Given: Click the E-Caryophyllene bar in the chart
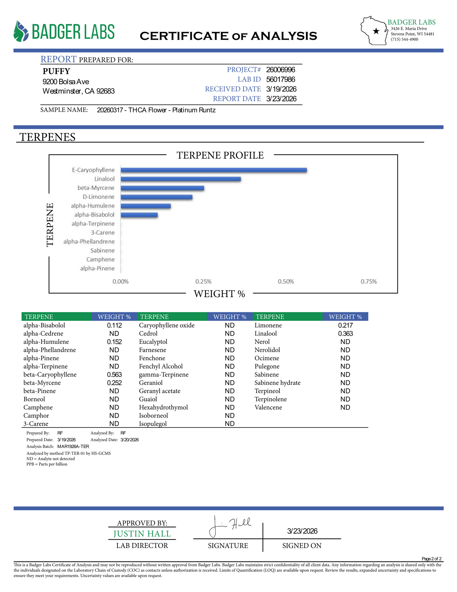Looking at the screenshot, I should [x=214, y=170].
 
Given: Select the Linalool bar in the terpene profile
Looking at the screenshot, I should [x=181, y=179].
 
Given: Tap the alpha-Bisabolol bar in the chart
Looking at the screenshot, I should [x=139, y=215].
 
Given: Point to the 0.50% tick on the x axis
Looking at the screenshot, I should [x=286, y=282].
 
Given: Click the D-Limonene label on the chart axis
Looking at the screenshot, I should [x=98, y=197].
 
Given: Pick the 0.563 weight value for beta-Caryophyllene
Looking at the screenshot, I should [x=114, y=375].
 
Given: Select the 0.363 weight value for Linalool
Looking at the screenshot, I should [x=345, y=334].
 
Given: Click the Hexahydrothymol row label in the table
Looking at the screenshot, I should [x=163, y=407].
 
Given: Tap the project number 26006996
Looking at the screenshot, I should [x=280, y=70].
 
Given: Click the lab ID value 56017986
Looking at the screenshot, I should [x=280, y=79].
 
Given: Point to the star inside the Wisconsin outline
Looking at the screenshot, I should [x=376, y=31].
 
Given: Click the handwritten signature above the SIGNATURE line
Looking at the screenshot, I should [x=230, y=526].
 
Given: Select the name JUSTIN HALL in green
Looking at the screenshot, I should [x=142, y=534].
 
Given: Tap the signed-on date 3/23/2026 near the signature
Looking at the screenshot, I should [x=302, y=531].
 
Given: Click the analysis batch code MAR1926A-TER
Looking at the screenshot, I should [x=73, y=446].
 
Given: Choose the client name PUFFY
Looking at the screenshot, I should [x=56, y=71].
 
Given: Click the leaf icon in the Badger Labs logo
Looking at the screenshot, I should [x=21, y=31].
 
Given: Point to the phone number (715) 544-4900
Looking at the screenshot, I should [x=404, y=39].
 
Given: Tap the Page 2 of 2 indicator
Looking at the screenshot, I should [x=431, y=558].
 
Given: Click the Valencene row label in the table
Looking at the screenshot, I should [x=268, y=407].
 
